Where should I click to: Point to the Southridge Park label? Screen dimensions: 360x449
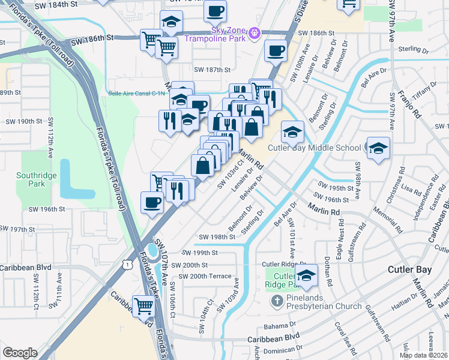point(31,179)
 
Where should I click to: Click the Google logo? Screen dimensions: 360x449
point(20,353)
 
